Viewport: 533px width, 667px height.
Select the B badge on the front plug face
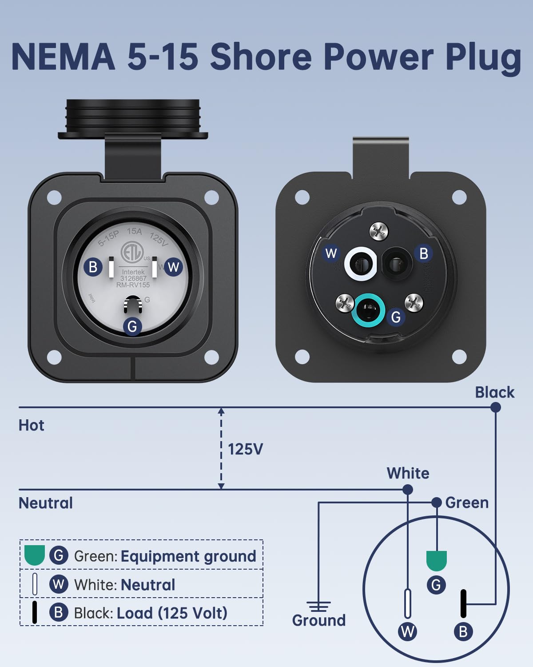point(93,267)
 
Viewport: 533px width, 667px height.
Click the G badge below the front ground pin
point(132,326)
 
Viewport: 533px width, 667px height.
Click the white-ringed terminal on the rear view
point(361,264)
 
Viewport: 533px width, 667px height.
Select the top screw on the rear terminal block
point(379,231)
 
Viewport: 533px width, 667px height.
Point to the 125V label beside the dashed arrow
point(245,449)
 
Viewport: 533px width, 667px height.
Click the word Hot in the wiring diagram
point(31,426)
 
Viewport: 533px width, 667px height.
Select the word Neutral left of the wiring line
point(46,503)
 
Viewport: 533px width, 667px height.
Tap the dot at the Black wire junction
point(496,407)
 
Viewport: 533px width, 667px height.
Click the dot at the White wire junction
point(407,490)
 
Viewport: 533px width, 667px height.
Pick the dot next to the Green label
point(437,502)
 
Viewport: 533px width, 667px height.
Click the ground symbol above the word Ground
point(318,606)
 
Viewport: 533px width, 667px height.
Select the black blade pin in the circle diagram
point(463,603)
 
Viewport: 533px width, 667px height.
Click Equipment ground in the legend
point(188,556)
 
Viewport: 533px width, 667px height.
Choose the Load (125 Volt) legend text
point(172,613)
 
